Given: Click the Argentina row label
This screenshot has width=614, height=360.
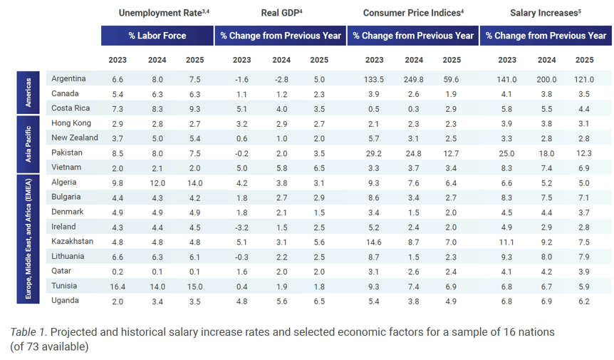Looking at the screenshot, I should coord(68,78).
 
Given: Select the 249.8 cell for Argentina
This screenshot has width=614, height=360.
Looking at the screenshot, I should coord(413,78).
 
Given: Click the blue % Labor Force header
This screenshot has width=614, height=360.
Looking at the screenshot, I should coord(157,36).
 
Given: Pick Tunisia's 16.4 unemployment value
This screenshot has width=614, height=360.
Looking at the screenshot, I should coord(118,286).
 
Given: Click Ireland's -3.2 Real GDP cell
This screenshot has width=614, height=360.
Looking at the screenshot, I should coord(241,227).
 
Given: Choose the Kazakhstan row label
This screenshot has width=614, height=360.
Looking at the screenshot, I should coord(73,242).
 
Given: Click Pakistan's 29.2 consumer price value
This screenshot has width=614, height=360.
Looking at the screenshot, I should coord(374,153).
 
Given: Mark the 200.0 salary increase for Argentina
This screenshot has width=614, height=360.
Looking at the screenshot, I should coord(546,78).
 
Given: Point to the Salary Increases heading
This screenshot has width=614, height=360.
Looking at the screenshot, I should coord(545,13).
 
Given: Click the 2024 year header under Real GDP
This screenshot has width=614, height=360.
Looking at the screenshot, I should coord(281,60).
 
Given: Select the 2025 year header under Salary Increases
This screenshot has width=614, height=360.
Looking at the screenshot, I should coord(584,60).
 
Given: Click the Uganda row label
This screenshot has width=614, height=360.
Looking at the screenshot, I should coord(66,301).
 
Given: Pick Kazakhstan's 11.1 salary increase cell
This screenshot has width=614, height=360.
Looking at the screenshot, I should coord(507,242).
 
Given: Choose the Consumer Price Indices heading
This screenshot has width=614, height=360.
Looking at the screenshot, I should coord(412,13).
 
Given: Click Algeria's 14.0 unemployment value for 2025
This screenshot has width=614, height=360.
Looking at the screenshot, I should coord(194,182).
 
